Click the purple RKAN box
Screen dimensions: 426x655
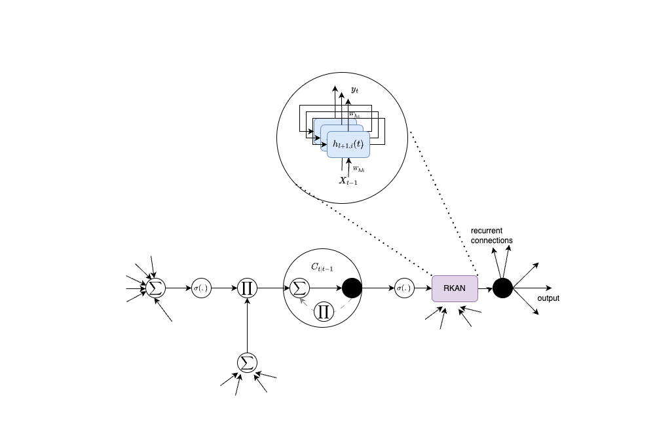coord(455,288)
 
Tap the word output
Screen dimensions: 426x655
coord(548,298)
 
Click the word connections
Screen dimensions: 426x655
coord(492,241)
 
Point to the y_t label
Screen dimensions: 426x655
coord(354,90)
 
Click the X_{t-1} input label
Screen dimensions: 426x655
coord(348,181)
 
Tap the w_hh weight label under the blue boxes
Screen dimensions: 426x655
coord(358,169)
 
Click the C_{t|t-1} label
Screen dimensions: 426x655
coord(322,267)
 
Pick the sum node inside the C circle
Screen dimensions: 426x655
coord(299,288)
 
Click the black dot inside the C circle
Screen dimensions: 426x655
coord(352,288)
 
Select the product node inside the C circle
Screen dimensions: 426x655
coord(322,311)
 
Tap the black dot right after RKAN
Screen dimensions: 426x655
coord(502,288)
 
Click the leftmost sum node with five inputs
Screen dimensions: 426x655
coord(155,288)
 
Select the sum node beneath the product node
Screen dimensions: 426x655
coord(247,362)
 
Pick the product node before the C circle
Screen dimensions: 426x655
coord(247,288)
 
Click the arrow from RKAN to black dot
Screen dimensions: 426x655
coord(485,288)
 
